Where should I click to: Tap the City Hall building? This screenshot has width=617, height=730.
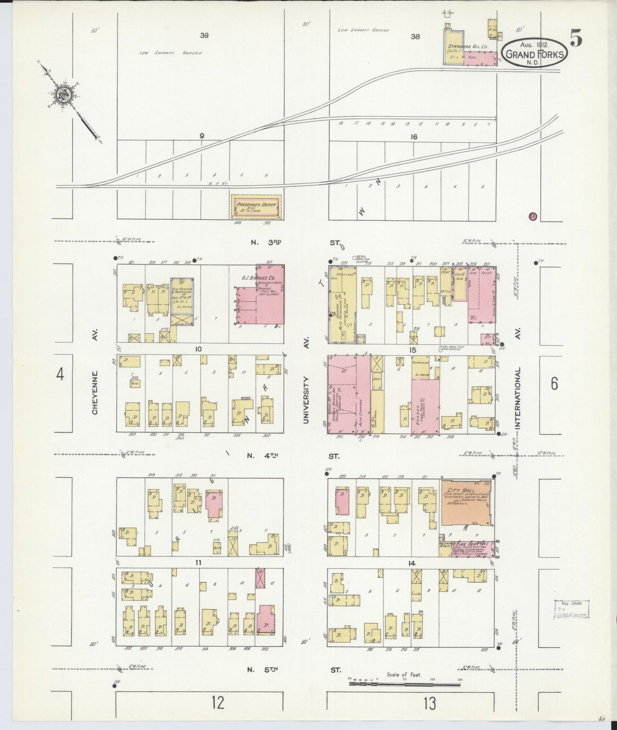pos(467,502)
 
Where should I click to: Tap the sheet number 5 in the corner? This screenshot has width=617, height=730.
pos(576,39)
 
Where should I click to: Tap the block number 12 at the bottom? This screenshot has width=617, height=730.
pos(217,702)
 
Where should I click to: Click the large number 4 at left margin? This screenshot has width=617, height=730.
pos(60,374)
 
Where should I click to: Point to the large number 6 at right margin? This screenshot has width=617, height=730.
pos(554,384)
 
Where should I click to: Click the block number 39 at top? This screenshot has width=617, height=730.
pos(204,35)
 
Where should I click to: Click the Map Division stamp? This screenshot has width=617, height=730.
pos(570,609)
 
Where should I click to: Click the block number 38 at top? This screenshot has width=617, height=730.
pos(415,37)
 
